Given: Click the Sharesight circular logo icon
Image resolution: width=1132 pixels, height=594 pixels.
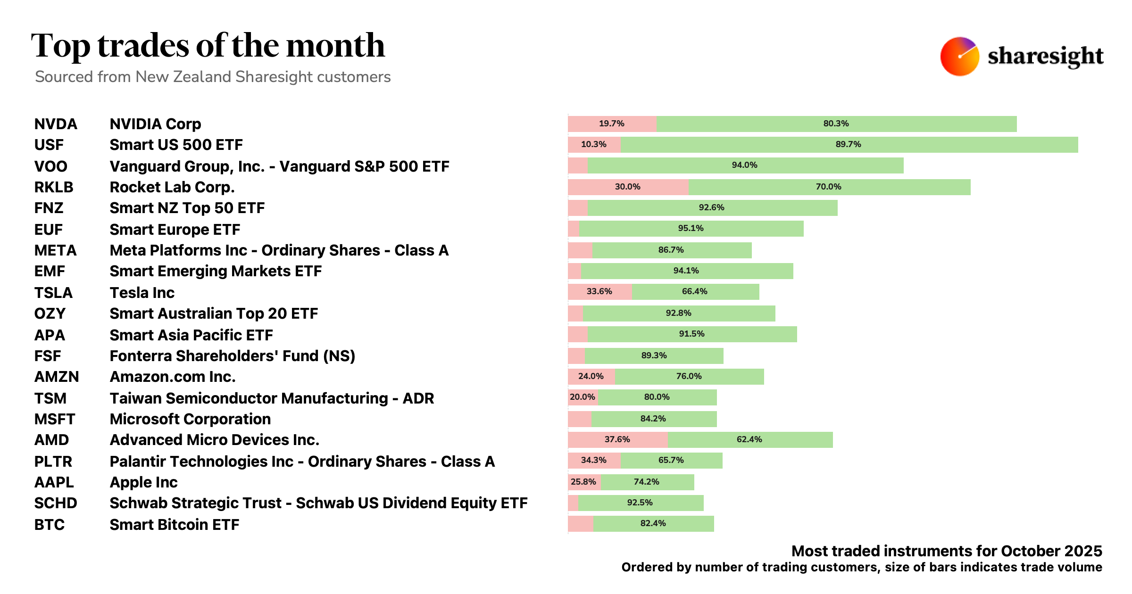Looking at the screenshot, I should click(959, 56).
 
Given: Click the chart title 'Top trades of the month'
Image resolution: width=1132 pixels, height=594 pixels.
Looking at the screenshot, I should click(208, 46).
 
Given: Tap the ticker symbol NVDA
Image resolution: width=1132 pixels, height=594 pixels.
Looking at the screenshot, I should click(56, 124).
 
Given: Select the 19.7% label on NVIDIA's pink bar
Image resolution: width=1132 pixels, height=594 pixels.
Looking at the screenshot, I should click(611, 124).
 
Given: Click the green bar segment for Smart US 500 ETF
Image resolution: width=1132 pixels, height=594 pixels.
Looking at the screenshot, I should click(849, 145).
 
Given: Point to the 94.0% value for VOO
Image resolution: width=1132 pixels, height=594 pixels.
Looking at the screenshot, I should click(744, 165).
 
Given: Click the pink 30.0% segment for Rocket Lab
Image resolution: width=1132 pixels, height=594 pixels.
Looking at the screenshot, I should click(628, 187).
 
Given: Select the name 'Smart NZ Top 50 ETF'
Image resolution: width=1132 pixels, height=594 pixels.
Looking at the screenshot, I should click(187, 208).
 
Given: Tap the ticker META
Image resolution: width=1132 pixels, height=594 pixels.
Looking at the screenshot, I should click(55, 250).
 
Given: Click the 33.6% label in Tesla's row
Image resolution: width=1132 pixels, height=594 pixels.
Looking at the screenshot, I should click(599, 291).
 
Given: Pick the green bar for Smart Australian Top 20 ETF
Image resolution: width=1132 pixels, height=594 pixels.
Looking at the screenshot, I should click(679, 313).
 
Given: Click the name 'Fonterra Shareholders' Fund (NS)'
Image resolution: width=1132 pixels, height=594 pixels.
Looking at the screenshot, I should click(232, 356).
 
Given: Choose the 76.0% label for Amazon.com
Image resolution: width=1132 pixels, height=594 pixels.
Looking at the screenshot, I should click(689, 376).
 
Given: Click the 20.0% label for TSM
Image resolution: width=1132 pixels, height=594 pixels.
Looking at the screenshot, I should click(582, 397).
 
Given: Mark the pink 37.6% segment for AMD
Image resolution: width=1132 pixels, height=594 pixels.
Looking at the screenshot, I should click(617, 439).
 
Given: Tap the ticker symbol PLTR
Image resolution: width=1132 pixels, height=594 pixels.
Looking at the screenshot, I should click(53, 462).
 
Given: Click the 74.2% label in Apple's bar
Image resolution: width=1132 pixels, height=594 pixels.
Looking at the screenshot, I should click(646, 482).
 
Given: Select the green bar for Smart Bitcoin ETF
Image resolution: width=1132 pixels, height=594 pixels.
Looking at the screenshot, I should click(653, 523).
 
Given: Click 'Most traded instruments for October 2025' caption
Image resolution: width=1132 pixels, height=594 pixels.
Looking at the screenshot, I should click(946, 551).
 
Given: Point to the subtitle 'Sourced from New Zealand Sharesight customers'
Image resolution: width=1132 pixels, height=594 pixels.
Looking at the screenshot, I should click(213, 77).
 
